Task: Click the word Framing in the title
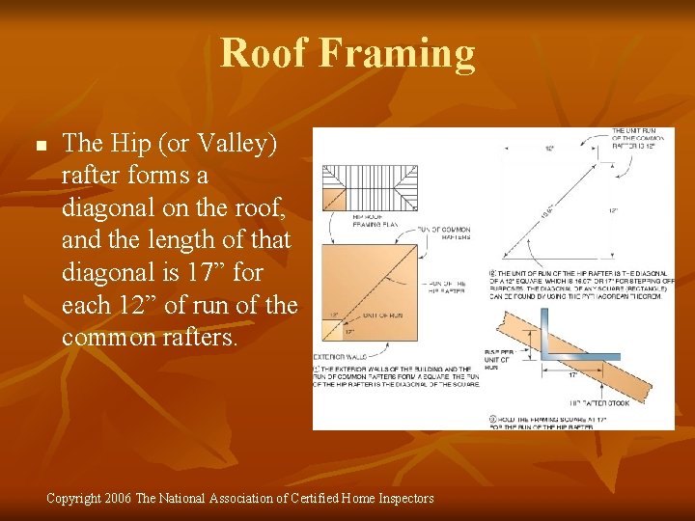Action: point(397,55)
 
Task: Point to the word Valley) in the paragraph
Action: point(232,144)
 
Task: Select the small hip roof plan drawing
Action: point(370,186)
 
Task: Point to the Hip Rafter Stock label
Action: point(598,402)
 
